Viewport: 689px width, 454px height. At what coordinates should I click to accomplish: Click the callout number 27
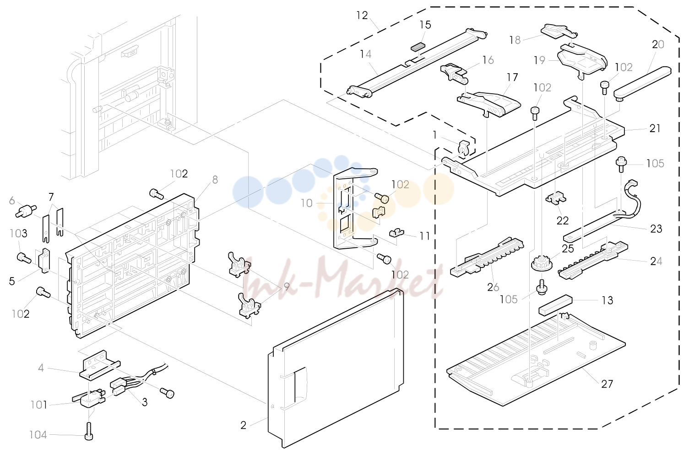(607, 384)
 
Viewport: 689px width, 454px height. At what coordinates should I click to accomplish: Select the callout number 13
(607, 300)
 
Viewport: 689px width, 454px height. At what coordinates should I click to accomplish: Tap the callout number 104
(38, 435)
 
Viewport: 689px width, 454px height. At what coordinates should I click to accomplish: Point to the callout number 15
(425, 25)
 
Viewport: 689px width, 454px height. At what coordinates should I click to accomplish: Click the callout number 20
(658, 44)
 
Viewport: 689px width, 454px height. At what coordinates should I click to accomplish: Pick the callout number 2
(243, 426)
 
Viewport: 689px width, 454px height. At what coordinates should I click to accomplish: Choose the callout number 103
(18, 234)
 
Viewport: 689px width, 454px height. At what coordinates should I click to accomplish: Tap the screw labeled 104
(88, 431)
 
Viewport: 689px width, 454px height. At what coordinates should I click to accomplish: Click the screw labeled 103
(24, 258)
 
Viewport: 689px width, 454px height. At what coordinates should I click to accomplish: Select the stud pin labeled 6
(26, 211)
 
